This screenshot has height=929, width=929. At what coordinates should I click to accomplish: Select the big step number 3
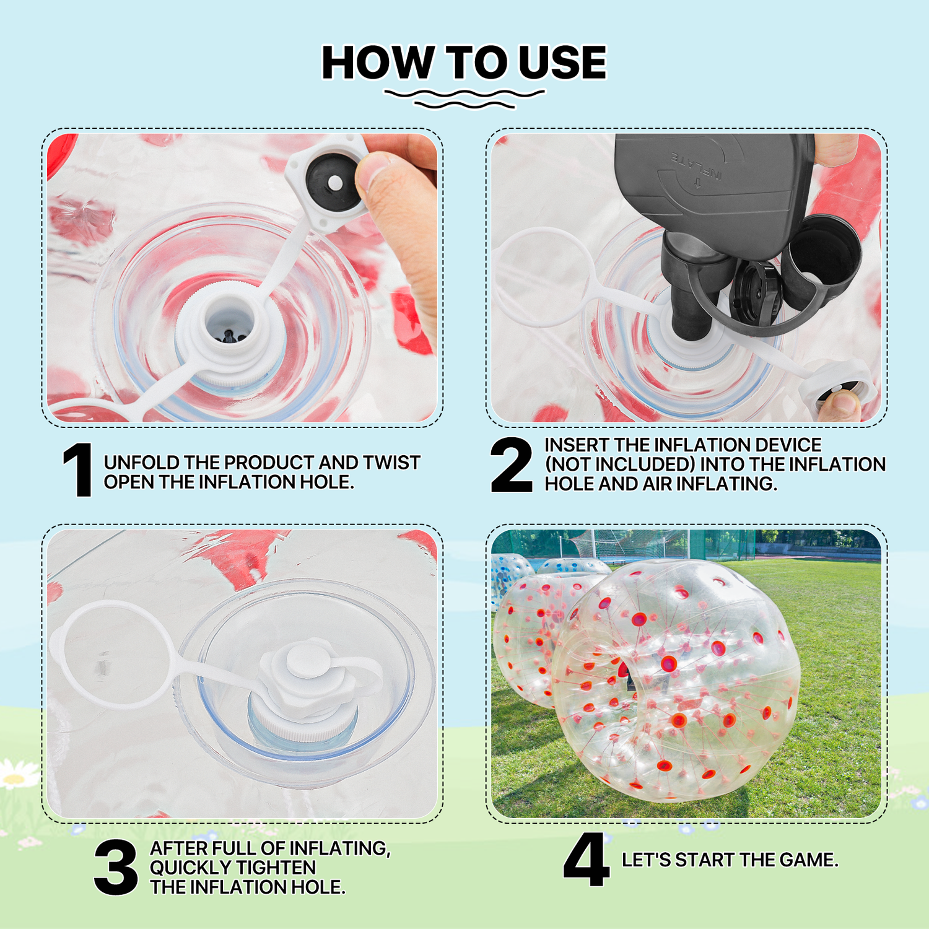116,867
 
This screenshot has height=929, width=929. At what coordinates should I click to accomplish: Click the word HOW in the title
378,63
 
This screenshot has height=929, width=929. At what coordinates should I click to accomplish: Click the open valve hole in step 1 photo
230,322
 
